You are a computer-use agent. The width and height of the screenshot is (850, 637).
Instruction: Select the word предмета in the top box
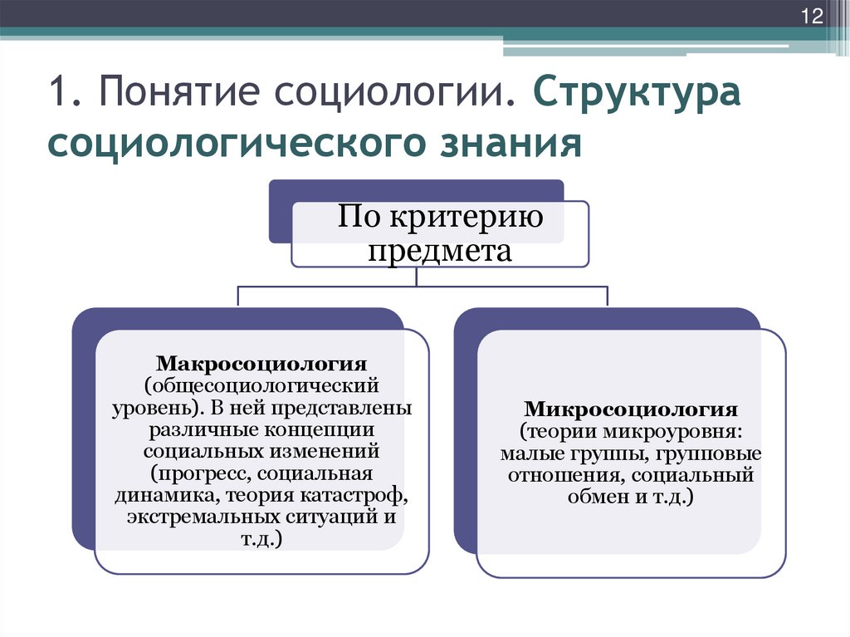439,250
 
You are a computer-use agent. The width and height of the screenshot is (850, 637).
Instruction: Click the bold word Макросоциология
263,365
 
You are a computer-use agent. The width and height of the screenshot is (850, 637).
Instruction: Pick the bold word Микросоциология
631,410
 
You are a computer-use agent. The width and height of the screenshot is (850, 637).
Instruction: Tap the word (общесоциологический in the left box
262,386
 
